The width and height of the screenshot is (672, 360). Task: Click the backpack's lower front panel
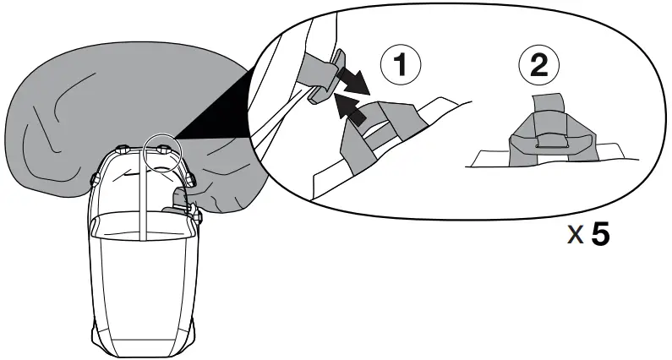click(x=144, y=287)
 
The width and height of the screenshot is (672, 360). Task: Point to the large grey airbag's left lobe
click(x=51, y=127)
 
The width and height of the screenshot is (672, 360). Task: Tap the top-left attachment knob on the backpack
click(x=123, y=149)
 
